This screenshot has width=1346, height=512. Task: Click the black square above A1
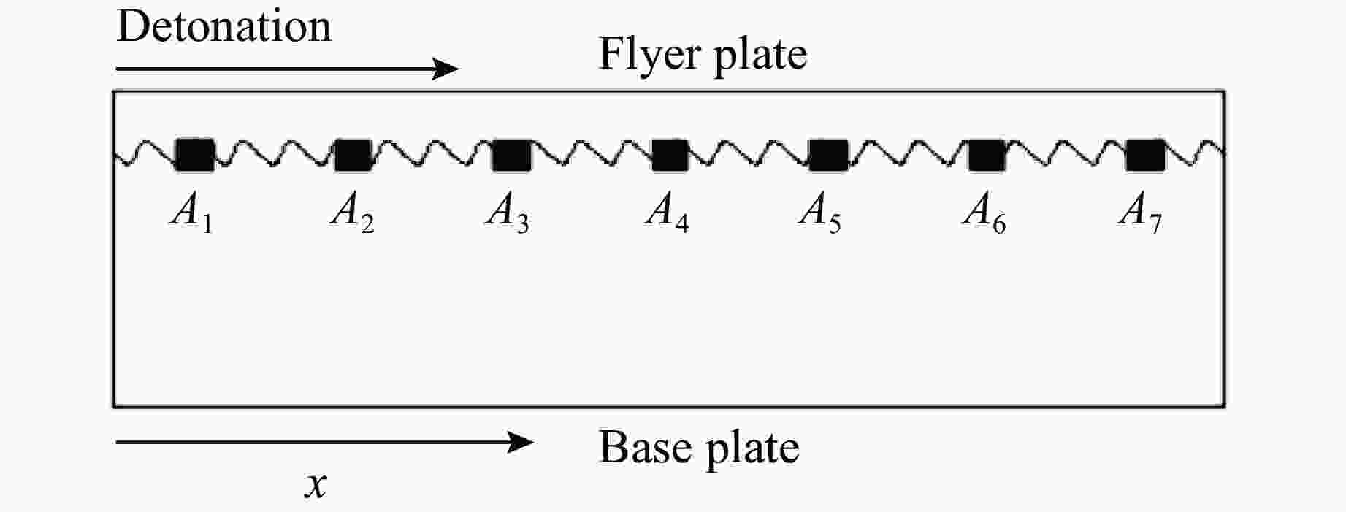(x=195, y=155)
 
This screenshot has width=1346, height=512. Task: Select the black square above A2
(x=353, y=155)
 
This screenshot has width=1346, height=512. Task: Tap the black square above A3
(x=511, y=155)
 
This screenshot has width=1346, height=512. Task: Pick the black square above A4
(x=670, y=155)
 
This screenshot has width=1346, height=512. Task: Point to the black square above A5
(x=828, y=155)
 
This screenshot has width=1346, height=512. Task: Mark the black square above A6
(x=987, y=155)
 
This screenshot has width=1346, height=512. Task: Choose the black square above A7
(x=1145, y=155)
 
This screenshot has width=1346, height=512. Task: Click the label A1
(x=191, y=213)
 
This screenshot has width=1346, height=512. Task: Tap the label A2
(x=352, y=213)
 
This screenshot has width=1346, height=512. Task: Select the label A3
(x=508, y=213)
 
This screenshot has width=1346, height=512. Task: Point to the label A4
(x=667, y=213)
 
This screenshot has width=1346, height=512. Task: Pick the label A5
(x=819, y=213)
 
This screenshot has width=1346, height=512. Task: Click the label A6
(x=984, y=213)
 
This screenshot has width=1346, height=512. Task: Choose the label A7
(x=1140, y=213)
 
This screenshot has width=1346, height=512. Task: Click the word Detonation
(x=224, y=26)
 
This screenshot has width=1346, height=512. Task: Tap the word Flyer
(x=650, y=54)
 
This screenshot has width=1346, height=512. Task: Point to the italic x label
(x=316, y=485)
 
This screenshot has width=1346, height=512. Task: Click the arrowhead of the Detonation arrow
(x=446, y=69)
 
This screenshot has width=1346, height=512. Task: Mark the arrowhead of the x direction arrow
(x=521, y=442)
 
